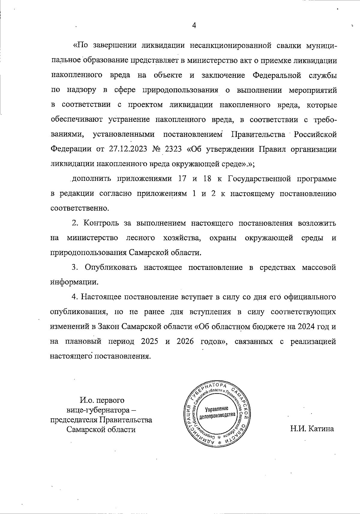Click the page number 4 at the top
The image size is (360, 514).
pos(194,25)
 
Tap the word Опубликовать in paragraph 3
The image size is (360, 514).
pos(111,267)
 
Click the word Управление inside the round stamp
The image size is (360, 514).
pos(217,409)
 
